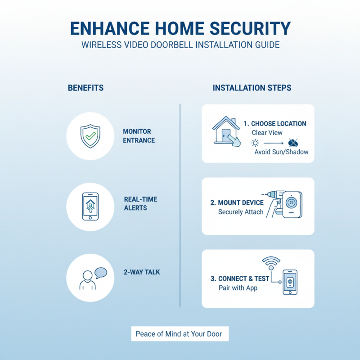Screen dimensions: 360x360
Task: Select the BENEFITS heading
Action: pos(85,88)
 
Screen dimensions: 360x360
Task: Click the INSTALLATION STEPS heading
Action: pos(252,88)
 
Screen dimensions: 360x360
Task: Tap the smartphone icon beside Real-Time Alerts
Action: pos(90,207)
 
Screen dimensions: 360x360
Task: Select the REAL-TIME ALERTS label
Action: pos(140,203)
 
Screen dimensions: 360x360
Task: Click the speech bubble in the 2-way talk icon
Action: pos(101,272)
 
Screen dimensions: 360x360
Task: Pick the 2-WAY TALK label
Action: pos(142,272)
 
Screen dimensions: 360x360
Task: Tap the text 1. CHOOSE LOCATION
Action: pos(274,123)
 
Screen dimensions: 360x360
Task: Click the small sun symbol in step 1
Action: pos(255,143)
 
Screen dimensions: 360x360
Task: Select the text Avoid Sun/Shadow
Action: pos(281,152)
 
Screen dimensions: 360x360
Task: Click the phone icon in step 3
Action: pos(290,282)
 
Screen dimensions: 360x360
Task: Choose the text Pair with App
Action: pos(238,288)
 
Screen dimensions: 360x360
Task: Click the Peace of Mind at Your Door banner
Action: pos(180,334)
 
